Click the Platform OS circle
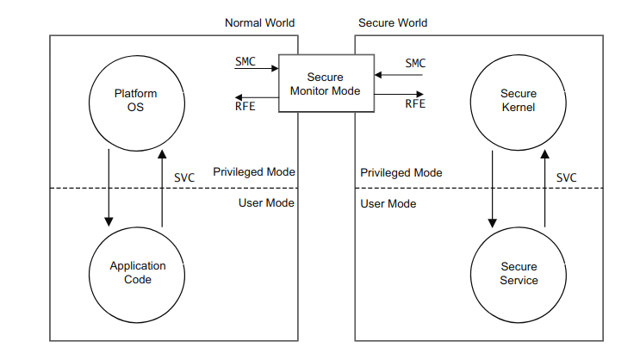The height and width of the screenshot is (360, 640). [136, 101]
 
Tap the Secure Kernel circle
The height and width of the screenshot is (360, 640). [518, 101]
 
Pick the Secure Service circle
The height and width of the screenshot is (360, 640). [519, 273]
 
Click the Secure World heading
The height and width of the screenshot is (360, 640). [393, 22]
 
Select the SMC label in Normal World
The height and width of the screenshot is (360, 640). [245, 63]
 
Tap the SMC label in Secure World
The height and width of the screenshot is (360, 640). [416, 63]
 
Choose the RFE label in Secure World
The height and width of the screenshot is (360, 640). [416, 104]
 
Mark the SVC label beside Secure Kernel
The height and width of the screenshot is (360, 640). [567, 177]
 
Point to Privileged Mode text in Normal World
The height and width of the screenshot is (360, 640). [254, 172]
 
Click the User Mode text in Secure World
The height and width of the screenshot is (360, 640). [388, 203]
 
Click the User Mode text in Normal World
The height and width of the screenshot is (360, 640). [266, 202]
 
